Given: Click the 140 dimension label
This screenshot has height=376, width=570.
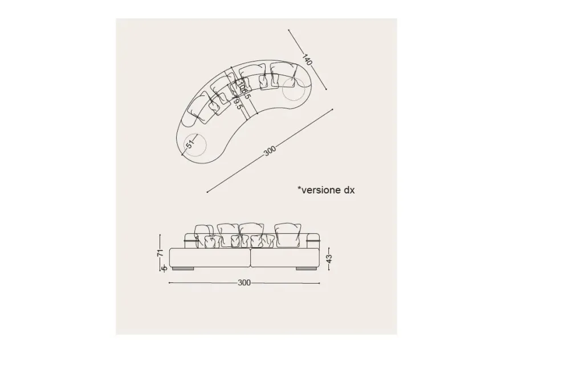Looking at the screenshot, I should [307, 59].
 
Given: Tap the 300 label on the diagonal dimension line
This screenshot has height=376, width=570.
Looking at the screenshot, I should [270, 151].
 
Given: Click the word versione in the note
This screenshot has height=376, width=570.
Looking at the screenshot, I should [320, 190].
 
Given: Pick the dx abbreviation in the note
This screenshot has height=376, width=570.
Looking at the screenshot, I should [349, 190].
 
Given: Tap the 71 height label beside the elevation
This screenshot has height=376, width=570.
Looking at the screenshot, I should [160, 252].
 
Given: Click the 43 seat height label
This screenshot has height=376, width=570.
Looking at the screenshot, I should [329, 258].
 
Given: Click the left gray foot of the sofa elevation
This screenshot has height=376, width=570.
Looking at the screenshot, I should [186, 268].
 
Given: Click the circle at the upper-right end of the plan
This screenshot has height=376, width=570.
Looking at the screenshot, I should [293, 87].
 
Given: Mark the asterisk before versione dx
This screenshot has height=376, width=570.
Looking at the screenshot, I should [299, 188].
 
